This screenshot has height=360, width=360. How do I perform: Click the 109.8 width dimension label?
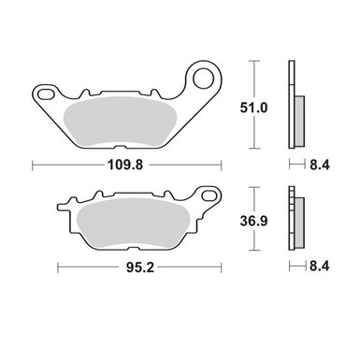click(x=125, y=165)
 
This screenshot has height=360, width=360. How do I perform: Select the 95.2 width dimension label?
click(x=140, y=267)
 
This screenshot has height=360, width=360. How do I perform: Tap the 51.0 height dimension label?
click(x=253, y=108)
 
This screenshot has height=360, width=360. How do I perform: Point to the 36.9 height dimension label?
click(x=253, y=221)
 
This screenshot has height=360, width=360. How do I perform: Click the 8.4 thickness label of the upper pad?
click(x=320, y=165)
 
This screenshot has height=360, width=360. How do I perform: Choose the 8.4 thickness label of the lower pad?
click(x=320, y=266)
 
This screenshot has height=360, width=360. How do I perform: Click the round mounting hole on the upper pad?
click(x=204, y=79)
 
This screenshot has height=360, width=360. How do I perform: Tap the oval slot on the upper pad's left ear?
click(x=46, y=94)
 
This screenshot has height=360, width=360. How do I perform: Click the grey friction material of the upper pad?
click(x=120, y=122)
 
